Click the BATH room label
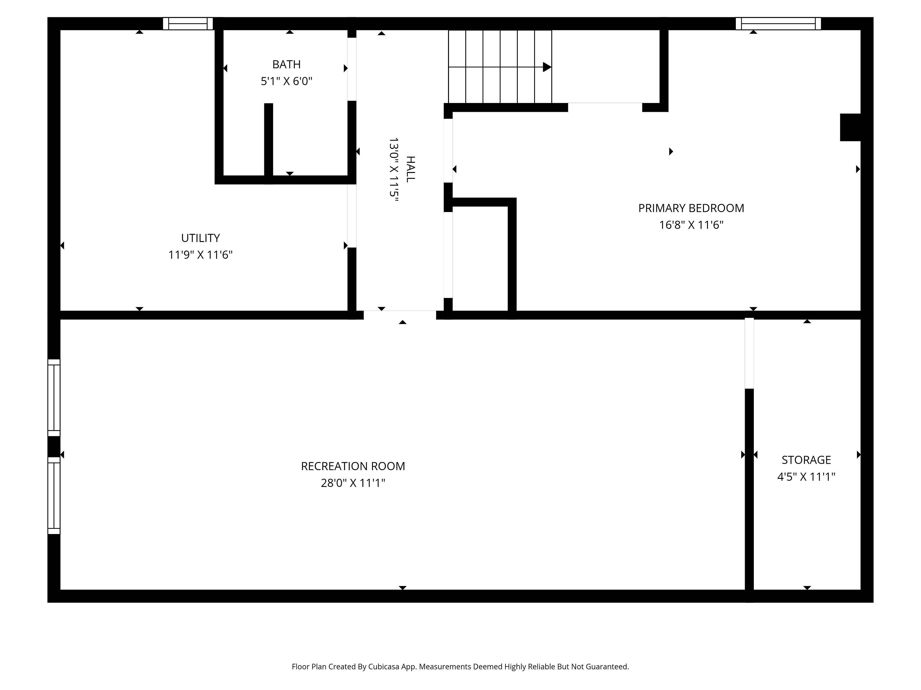286,64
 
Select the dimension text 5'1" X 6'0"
286,81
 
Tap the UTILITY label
200,238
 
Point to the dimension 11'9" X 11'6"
200,254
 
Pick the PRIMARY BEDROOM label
691,208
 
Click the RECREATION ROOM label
353,466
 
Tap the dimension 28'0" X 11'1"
353,483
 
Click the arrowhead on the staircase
547,67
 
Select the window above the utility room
188,24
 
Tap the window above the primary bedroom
778,24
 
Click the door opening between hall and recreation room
400,315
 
